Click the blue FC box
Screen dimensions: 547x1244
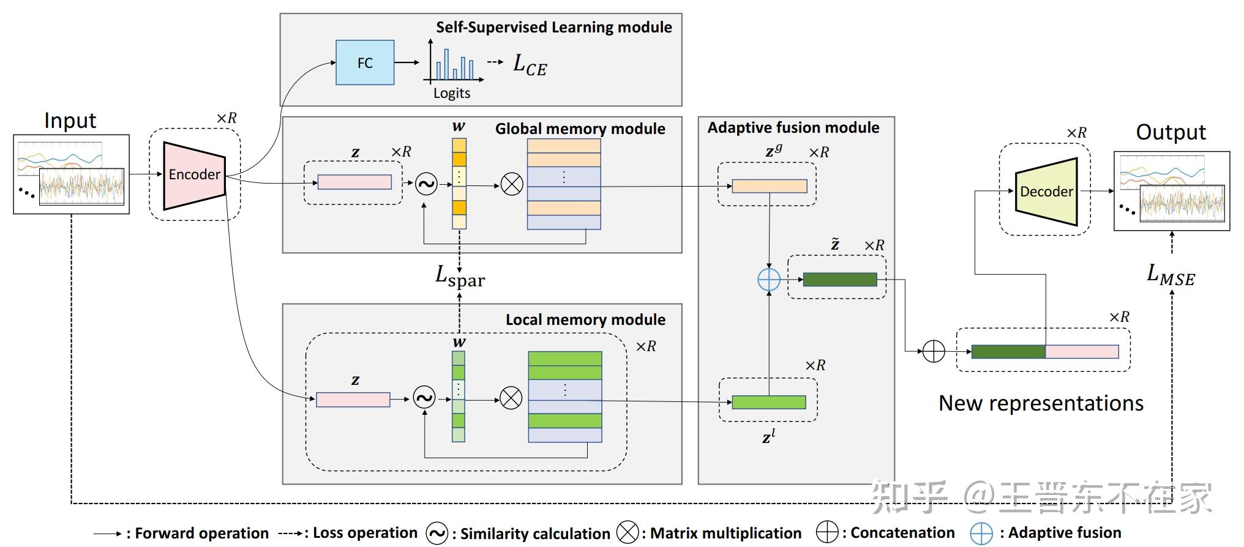pos(365,62)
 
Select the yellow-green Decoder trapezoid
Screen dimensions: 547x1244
pos(1046,192)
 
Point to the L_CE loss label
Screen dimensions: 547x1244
pos(530,65)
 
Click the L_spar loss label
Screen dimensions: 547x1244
pos(460,277)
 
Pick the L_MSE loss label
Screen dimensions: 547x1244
pos(1171,275)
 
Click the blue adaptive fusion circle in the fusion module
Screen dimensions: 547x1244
pos(769,280)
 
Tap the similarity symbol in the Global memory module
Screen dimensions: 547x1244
pos(426,184)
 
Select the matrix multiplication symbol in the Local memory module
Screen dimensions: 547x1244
pos(511,398)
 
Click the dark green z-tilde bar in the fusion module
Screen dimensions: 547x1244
pos(839,280)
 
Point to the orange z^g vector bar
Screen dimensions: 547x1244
pos(770,186)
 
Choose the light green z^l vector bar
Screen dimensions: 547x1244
pos(769,402)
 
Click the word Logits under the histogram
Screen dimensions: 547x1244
pos(452,93)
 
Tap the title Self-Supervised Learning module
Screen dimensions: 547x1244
pos(553,28)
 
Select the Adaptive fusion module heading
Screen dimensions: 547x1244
pos(793,128)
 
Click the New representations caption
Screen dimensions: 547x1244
pos(1041,403)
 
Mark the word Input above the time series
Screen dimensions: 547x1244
pos(70,121)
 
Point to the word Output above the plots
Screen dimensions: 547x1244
pos(1171,132)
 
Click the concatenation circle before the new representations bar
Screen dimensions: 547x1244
pos(934,351)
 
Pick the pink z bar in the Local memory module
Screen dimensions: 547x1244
pos(353,400)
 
